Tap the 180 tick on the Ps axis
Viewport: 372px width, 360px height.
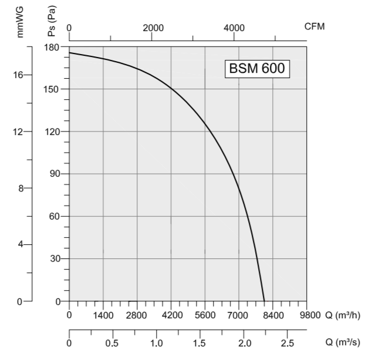(55, 47)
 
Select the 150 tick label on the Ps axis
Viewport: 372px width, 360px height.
(55, 89)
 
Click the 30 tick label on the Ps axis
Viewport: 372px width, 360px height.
(58, 258)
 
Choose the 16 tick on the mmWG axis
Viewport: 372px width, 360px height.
(19, 75)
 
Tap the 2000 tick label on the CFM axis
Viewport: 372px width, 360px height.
(153, 28)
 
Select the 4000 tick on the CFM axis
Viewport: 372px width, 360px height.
(235, 28)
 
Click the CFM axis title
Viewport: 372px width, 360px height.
(314, 26)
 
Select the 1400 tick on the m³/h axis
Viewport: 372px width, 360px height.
(103, 315)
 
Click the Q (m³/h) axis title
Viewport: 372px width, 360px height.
(343, 315)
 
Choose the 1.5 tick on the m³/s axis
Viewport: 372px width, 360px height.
(201, 343)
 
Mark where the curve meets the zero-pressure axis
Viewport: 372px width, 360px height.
(264, 301)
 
